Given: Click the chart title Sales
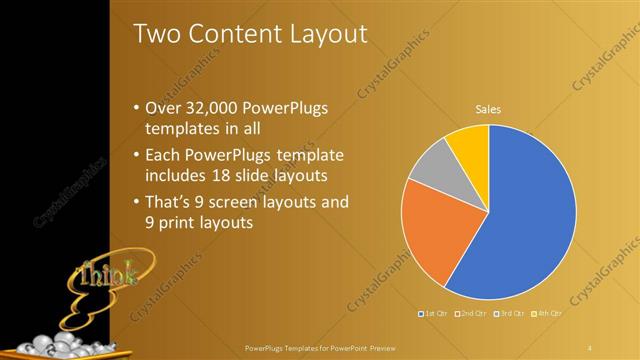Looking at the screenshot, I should (488, 110).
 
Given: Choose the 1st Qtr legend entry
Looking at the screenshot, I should (434, 314).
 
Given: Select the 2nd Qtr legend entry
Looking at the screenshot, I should (471, 314).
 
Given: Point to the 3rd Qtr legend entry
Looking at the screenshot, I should (508, 314).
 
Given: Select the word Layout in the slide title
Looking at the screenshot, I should (325, 34).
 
